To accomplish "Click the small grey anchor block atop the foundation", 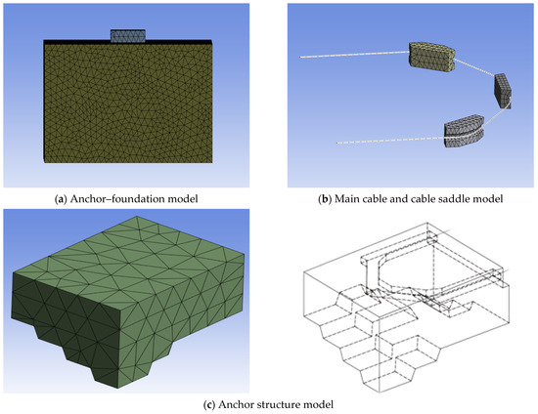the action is (127, 36).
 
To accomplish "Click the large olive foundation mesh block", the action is (127, 103).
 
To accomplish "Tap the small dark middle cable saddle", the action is (503, 91).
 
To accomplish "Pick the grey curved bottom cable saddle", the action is (464, 131).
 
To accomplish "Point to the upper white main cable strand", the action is (354, 55).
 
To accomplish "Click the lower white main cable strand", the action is (391, 140).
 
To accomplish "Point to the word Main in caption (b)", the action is (344, 198).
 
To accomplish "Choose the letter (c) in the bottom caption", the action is (209, 405).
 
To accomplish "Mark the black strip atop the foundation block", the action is (127, 41).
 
